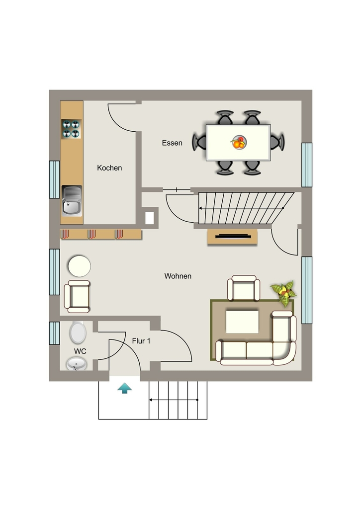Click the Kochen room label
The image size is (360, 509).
point(109,168)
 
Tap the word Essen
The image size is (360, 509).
point(172,143)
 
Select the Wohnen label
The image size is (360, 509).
point(178,276)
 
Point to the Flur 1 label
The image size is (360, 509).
point(141,341)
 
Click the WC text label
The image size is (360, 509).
point(80,351)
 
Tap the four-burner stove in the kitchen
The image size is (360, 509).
point(71,129)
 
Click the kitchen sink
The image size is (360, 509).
point(72,201)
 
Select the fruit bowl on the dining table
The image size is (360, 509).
point(239,142)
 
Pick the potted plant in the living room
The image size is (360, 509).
point(283,293)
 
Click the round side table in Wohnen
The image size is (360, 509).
point(79,266)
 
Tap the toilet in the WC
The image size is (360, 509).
point(78,333)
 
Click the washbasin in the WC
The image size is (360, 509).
point(77,364)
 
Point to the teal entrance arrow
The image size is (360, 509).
point(125,388)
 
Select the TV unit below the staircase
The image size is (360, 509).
point(232,237)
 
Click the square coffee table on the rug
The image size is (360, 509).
point(242,322)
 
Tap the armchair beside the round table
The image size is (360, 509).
point(77,297)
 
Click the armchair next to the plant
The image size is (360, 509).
point(244,288)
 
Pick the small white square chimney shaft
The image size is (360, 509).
point(149,218)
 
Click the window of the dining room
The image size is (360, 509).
point(307,165)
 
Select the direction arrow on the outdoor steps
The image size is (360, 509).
point(174,400)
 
